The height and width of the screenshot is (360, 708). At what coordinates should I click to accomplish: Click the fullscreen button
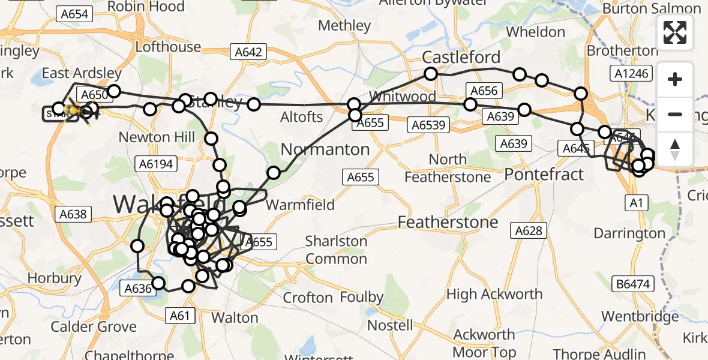(675, 32)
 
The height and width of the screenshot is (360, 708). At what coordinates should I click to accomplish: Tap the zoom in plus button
(675, 79)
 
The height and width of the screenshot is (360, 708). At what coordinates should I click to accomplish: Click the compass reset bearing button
(675, 149)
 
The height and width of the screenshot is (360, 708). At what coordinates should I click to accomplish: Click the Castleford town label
(461, 58)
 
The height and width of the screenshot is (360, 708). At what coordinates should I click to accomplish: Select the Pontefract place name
(544, 175)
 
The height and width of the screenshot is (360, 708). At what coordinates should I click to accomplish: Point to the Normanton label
(325, 149)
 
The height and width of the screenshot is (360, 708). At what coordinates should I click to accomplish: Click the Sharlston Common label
(336, 250)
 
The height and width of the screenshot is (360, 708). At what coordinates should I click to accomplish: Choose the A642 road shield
(248, 52)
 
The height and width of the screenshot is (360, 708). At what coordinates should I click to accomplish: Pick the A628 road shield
(529, 230)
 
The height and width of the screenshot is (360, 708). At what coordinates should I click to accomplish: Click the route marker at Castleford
(431, 74)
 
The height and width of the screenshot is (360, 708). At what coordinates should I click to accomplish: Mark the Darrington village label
(629, 233)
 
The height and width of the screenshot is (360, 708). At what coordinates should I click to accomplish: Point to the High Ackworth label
(494, 295)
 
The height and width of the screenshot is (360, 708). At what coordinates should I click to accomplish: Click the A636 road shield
(137, 289)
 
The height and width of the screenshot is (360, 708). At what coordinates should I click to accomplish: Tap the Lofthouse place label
(168, 47)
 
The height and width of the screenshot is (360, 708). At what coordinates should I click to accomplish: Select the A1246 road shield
(628, 73)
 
